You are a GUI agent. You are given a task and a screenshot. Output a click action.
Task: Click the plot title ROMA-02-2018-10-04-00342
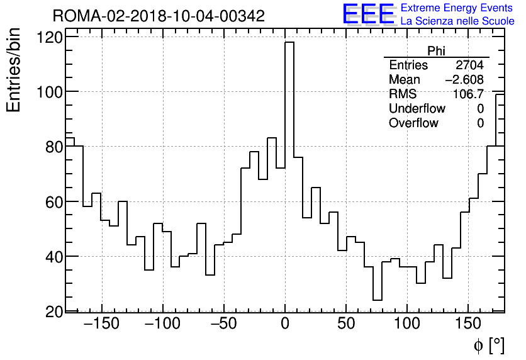pyautogui.click(x=159, y=16)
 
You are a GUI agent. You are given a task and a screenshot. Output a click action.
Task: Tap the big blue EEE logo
pyautogui.click(x=368, y=14)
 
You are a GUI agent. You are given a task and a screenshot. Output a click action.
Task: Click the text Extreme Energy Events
pyautogui.click(x=457, y=8)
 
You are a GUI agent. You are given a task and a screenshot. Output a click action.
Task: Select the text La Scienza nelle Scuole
pyautogui.click(x=457, y=21)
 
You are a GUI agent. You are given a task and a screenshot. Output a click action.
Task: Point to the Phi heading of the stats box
pyautogui.click(x=436, y=51)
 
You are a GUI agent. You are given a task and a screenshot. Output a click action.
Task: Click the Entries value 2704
pyautogui.click(x=469, y=65)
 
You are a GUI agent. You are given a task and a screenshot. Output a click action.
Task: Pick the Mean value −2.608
pyautogui.click(x=464, y=79)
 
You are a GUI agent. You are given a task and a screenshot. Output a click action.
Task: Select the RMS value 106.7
pyautogui.click(x=468, y=94)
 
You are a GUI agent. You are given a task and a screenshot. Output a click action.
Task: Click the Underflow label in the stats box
pyautogui.click(x=417, y=108)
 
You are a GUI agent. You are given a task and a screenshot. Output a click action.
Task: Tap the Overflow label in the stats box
pyautogui.click(x=413, y=123)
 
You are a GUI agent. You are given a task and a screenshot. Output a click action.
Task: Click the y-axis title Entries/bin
pyautogui.click(x=14, y=70)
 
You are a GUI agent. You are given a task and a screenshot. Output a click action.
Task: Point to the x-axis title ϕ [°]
pyautogui.click(x=488, y=345)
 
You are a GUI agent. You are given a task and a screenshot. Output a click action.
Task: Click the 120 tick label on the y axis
pyautogui.click(x=51, y=38)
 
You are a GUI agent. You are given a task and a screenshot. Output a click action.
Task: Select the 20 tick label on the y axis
pyautogui.click(x=55, y=312)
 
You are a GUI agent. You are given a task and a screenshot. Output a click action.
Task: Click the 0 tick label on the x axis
pyautogui.click(x=285, y=325)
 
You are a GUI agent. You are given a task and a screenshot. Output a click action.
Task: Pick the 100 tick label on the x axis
pyautogui.click(x=407, y=325)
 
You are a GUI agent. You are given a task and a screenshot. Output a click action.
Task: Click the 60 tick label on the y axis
pyautogui.click(x=55, y=202)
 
